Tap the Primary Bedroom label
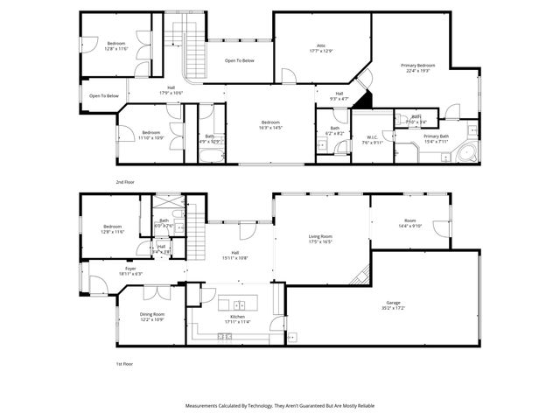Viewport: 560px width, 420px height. point(418,66)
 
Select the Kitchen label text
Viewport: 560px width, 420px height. point(238,317)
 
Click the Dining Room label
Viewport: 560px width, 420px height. point(151,316)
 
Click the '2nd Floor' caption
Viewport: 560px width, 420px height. point(125,181)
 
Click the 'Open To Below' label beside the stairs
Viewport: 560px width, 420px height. point(239,60)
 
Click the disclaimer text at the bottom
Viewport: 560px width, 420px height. point(280,406)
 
